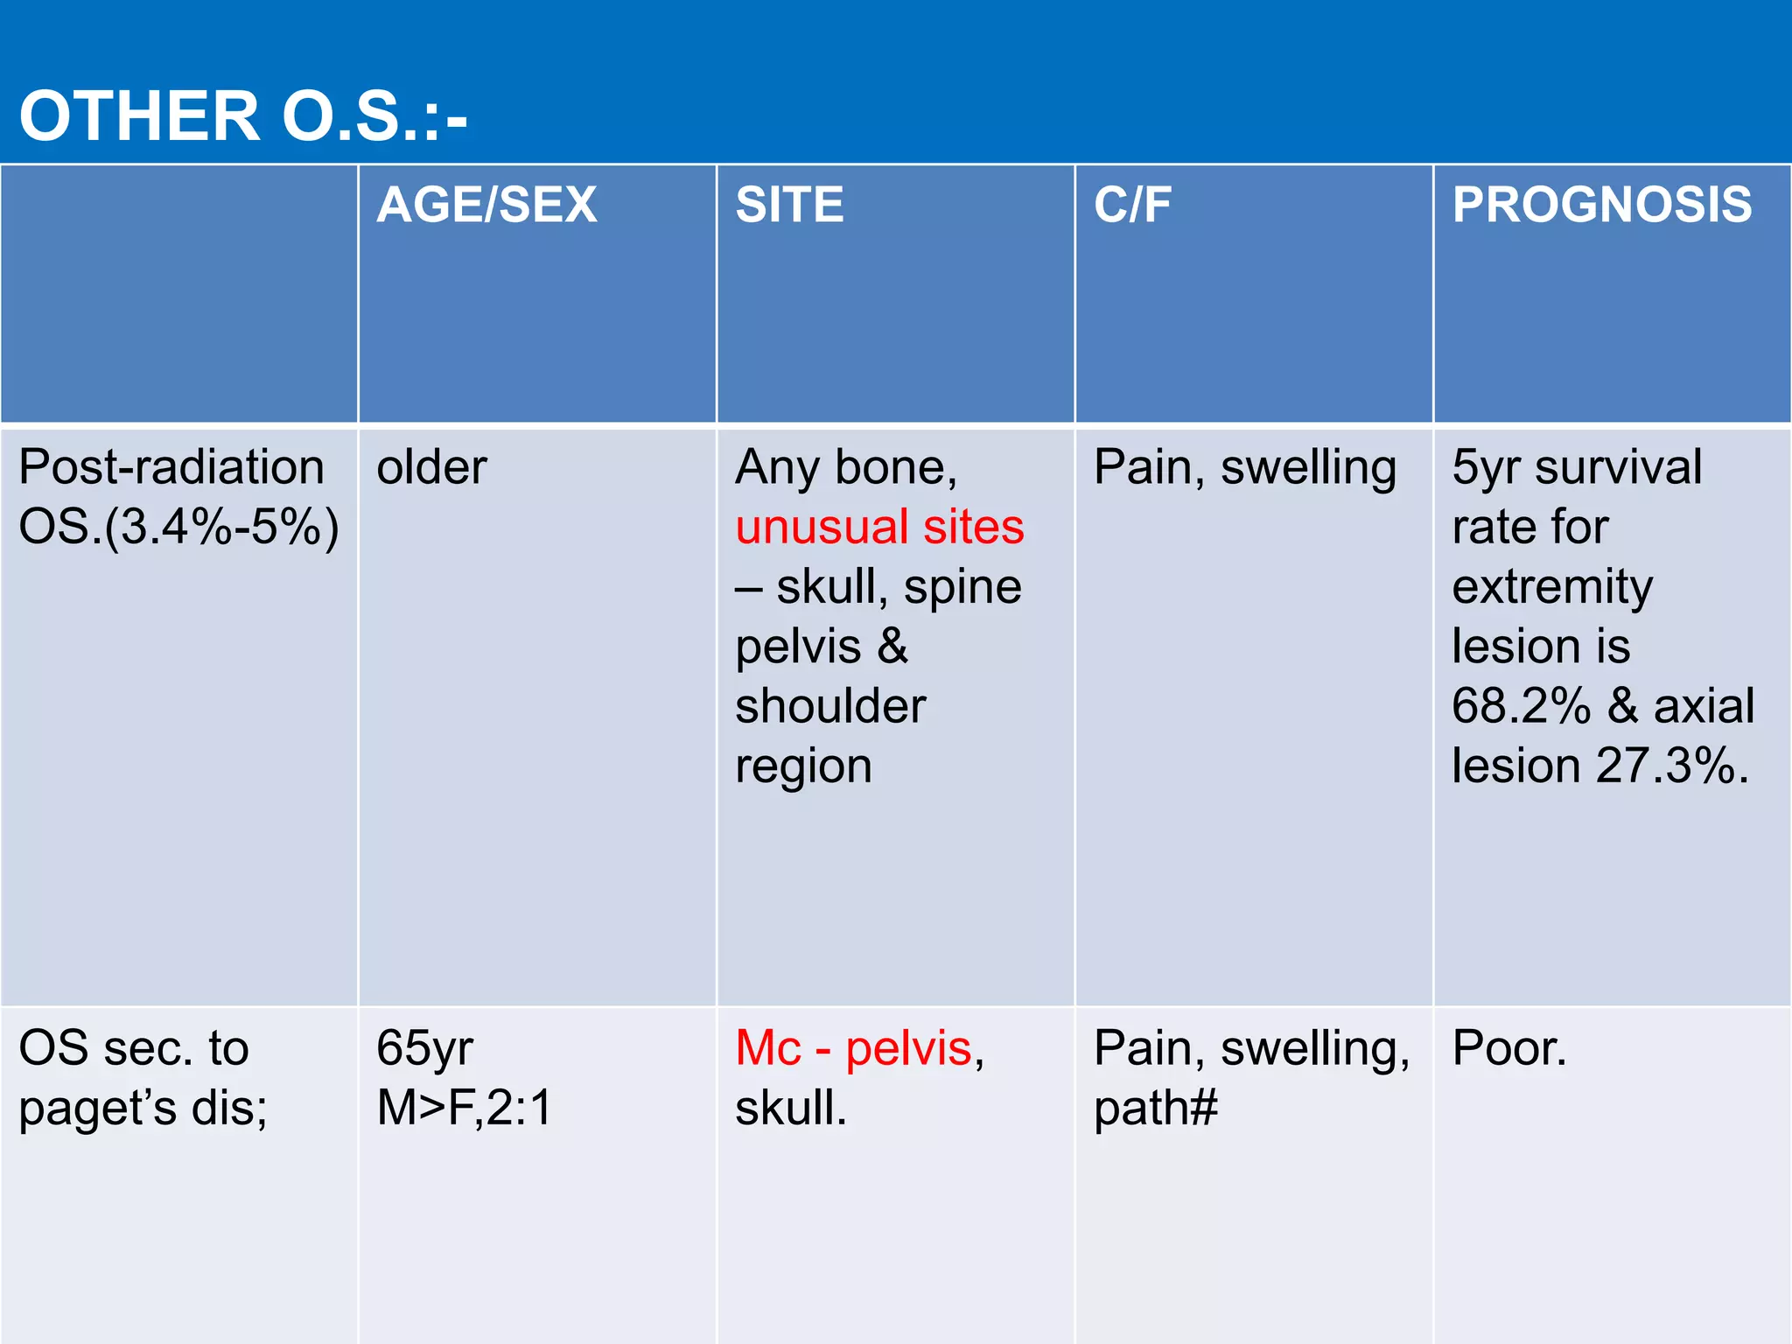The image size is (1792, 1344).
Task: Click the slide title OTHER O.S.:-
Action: pyautogui.click(x=243, y=116)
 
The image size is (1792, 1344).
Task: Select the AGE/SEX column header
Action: pyautogui.click(x=486, y=205)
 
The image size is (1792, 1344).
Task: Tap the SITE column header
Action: pyautogui.click(x=789, y=205)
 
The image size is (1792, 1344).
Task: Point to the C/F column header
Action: pyautogui.click(x=1132, y=205)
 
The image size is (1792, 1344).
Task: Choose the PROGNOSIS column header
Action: pyautogui.click(x=1602, y=205)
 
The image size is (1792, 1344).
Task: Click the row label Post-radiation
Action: pyautogui.click(x=171, y=466)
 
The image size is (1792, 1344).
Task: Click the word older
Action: pyautogui.click(x=431, y=467)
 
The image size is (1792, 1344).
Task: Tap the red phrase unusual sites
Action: pyautogui.click(x=879, y=527)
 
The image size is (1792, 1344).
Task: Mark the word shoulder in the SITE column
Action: pyautogui.click(x=830, y=706)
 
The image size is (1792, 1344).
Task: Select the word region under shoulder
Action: pyautogui.click(x=803, y=766)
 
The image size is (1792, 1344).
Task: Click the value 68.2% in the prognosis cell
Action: pyautogui.click(x=1521, y=706)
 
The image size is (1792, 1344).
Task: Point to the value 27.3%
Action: pyautogui.click(x=1672, y=766)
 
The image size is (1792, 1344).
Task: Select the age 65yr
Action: pyautogui.click(x=424, y=1048)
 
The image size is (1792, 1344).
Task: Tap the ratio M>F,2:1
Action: pyautogui.click(x=465, y=1108)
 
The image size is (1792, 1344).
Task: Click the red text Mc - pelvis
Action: pyautogui.click(x=853, y=1048)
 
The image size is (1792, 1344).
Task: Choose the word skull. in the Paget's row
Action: pyautogui.click(x=791, y=1108)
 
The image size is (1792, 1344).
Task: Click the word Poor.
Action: pyautogui.click(x=1508, y=1048)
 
